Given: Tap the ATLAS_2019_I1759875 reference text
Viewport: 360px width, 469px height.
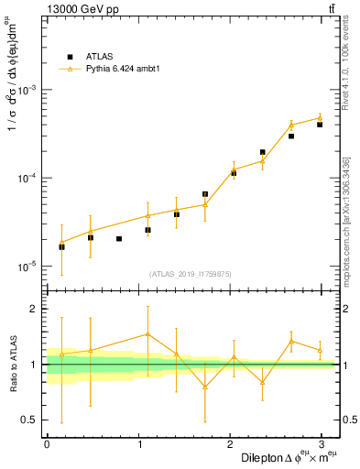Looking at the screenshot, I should pyautogui.click(x=191, y=273).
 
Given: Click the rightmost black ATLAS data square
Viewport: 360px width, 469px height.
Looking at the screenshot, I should pyautogui.click(x=320, y=125).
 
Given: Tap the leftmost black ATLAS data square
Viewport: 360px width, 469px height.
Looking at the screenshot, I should pyautogui.click(x=61, y=246).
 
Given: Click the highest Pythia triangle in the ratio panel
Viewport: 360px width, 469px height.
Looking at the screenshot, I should pyautogui.click(x=147, y=334).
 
